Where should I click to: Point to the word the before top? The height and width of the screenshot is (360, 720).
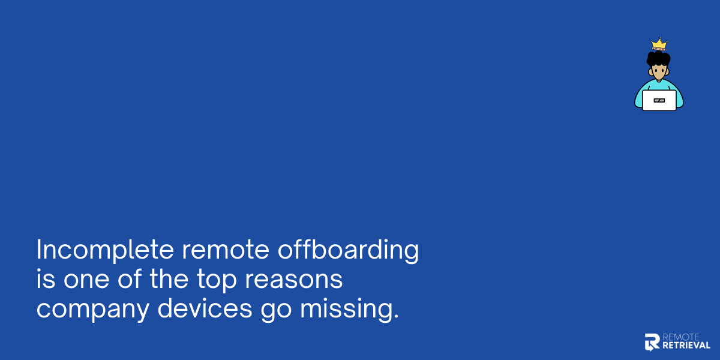click(169, 280)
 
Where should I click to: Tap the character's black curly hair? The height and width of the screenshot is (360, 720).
click(658, 58)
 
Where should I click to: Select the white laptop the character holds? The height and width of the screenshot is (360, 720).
click(659, 100)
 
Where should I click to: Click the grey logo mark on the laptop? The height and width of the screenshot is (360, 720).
click(659, 101)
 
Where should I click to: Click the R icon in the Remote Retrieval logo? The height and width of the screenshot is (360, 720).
click(652, 342)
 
